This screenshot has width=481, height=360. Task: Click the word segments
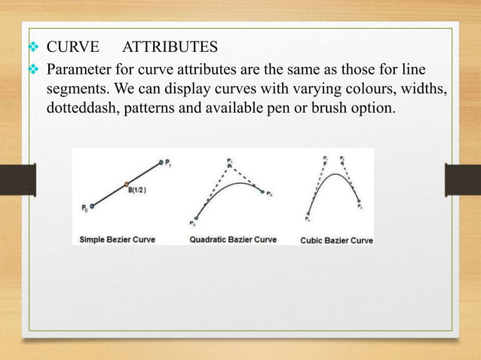tap(76, 90)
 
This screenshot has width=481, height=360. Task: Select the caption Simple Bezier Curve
tap(118, 239)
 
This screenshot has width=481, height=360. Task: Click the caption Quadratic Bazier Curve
tap(233, 239)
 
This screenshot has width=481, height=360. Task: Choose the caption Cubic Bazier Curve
tap(336, 240)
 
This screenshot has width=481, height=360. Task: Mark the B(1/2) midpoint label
tap(138, 189)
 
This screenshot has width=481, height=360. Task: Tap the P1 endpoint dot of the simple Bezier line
tap(161, 161)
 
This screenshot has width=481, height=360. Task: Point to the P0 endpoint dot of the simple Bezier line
tap(91, 205)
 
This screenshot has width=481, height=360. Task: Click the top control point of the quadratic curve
tap(229, 163)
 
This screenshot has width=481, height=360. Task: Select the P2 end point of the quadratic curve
tap(263, 193)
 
